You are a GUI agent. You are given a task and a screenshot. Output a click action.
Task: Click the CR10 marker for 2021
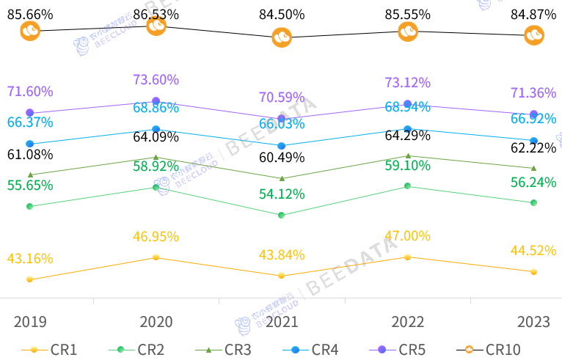[282, 37]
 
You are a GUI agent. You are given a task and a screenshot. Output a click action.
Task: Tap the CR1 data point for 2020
[156, 257]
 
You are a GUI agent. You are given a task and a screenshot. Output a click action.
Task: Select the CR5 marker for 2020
[156, 100]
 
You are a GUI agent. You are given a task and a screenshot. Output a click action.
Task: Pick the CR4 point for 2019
[29, 144]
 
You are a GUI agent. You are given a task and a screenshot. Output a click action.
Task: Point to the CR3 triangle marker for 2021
[282, 178]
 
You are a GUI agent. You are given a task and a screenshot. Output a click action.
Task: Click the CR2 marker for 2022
[408, 186]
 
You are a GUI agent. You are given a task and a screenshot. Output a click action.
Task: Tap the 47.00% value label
[408, 236]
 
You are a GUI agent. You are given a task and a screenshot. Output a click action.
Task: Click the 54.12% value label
[282, 194]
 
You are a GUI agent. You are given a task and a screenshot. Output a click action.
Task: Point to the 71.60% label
[30, 92]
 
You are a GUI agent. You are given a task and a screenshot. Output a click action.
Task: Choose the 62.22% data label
[533, 148]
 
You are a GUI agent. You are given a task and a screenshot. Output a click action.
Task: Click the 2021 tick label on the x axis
[282, 322]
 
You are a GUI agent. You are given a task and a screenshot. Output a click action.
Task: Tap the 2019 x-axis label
[30, 322]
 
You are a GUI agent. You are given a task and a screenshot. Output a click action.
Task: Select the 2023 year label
[533, 322]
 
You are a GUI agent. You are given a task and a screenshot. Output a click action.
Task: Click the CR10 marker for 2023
[534, 35]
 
